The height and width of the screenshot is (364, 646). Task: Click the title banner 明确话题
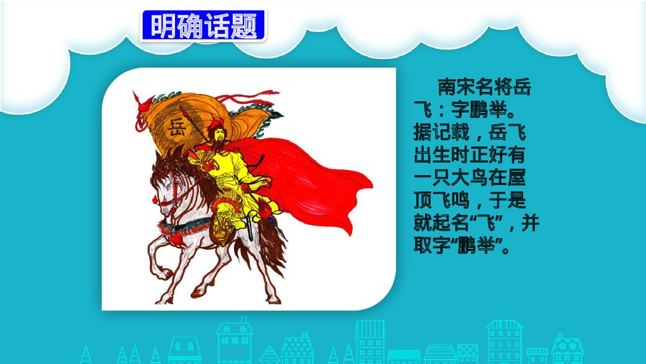tap(202, 26)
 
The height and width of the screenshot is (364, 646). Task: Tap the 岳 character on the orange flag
tap(176, 126)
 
